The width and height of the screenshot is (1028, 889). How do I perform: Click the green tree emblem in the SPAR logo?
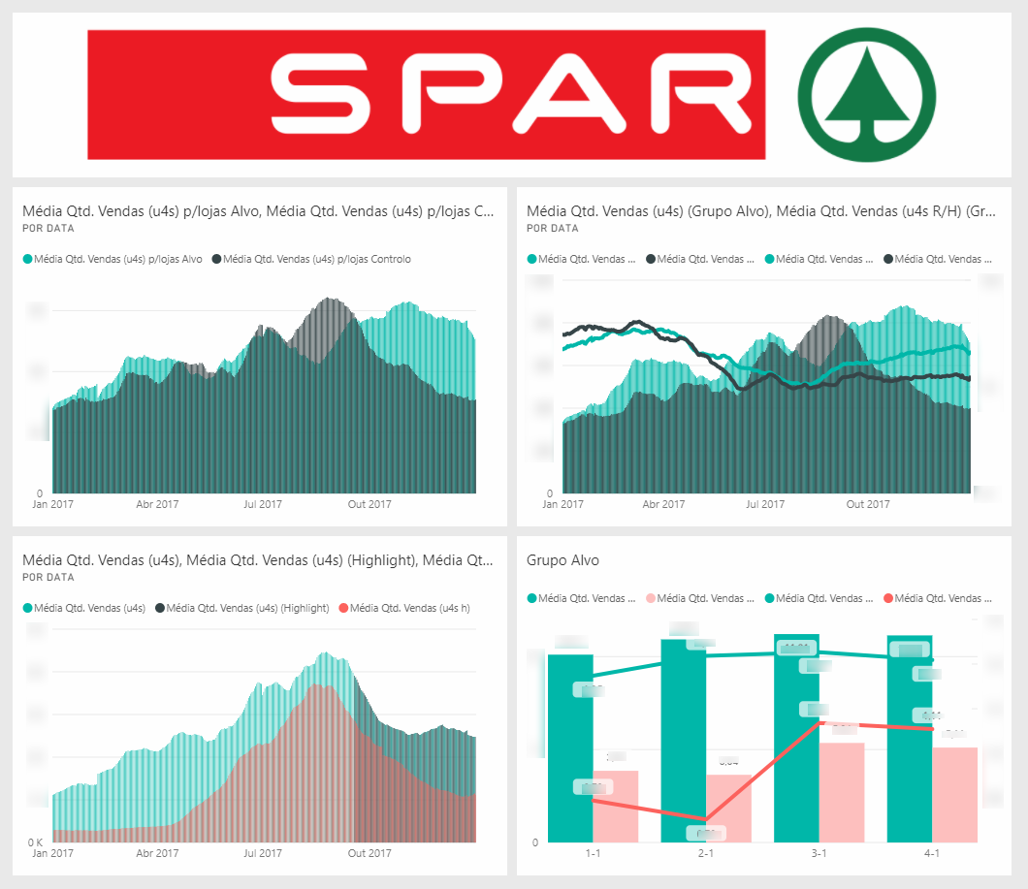point(866,95)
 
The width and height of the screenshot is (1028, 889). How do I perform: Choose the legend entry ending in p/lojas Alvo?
point(112,259)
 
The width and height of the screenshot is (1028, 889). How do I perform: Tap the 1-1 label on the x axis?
point(593,853)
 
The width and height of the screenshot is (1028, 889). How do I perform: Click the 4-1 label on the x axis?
point(932,853)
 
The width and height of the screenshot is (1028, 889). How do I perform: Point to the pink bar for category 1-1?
point(615,806)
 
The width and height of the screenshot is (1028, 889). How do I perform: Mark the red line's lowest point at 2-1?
point(706,820)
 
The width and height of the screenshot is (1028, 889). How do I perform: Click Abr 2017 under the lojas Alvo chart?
point(157,504)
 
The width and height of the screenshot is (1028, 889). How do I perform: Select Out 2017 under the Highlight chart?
point(369,853)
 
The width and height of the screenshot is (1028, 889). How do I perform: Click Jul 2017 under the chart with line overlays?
point(764,504)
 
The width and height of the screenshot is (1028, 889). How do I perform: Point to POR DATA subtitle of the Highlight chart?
point(48,577)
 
